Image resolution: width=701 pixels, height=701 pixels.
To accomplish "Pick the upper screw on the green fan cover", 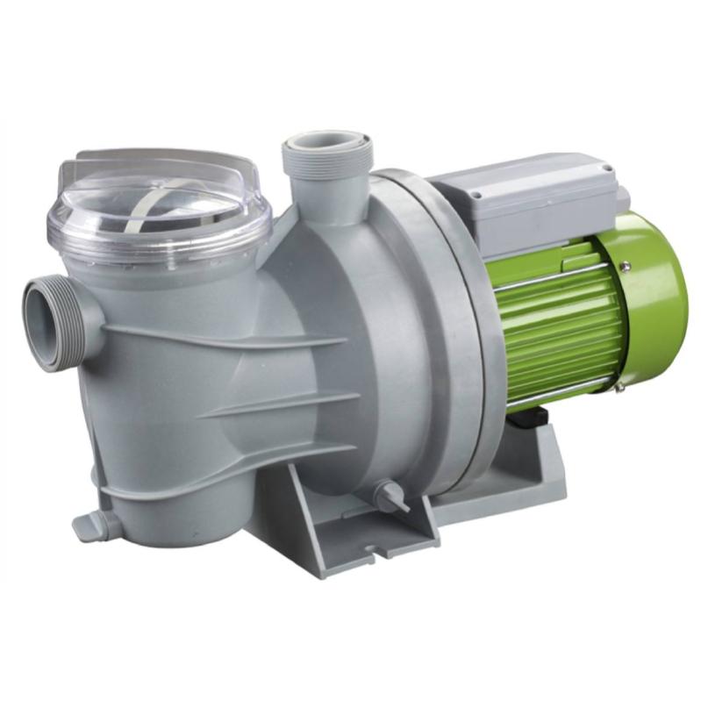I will [x=624, y=265].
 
